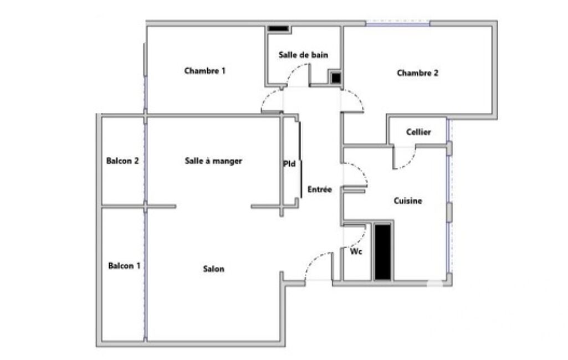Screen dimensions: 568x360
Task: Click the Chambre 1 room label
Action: pos(204,71)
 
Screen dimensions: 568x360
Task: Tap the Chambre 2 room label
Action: pos(417,73)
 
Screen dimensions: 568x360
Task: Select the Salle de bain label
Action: pos(303,55)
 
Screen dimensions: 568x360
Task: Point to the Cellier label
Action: pos(418,132)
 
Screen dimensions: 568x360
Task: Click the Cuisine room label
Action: pos(408,200)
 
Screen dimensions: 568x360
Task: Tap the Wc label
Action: pos(356,251)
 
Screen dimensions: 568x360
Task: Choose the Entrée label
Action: pos(320,189)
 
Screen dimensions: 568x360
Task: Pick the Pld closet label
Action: pos(289,164)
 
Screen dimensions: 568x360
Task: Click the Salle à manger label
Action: pos(213,161)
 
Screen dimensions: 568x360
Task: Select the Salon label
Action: pos(213,269)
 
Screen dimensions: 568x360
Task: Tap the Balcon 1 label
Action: pos(124,266)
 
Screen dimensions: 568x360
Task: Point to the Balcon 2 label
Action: pos(122,161)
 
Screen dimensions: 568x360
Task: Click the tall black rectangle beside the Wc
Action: pos(382,252)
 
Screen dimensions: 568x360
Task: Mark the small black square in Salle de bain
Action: pos(336,78)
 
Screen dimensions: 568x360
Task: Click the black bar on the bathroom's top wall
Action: pos(279,29)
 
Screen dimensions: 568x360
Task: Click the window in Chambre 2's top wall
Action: pos(398,24)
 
